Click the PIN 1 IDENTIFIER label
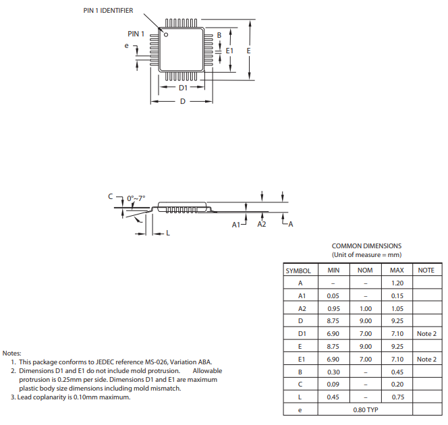[x=108, y=11]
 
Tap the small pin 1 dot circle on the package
[x=166, y=34]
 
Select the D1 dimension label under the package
[x=184, y=88]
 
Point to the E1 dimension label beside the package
[x=229, y=51]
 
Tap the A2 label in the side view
[x=262, y=223]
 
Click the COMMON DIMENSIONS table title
[x=366, y=246]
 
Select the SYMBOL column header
[x=298, y=271]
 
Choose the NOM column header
[x=365, y=271]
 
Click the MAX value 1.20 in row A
[x=397, y=283]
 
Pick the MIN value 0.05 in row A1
[x=333, y=296]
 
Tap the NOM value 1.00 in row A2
[x=365, y=308]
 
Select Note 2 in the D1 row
[x=426, y=334]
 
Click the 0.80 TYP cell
[x=365, y=409]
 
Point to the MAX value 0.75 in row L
[x=397, y=397]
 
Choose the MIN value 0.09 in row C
[x=333, y=385]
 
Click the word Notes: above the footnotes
[x=11, y=353]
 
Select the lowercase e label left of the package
[x=126, y=45]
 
